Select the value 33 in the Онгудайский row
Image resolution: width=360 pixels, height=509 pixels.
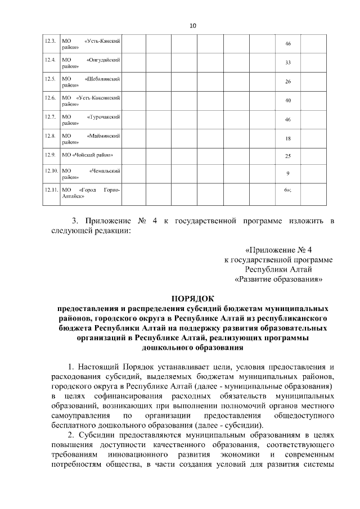pyautogui.click(x=287, y=63)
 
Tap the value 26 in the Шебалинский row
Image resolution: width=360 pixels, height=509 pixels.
pyautogui.click(x=287, y=82)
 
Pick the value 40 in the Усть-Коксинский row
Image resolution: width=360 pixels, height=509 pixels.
pyautogui.click(x=287, y=101)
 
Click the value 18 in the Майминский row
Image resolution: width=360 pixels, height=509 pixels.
pyautogui.click(x=287, y=139)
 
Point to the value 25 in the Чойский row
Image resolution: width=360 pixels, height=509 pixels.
pyautogui.click(x=287, y=155)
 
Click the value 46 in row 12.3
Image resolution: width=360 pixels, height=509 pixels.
pyautogui.click(x=287, y=44)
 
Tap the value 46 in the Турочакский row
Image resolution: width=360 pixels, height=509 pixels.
pyautogui.click(x=287, y=120)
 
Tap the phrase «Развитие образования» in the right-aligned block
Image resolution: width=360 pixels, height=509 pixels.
pyautogui.click(x=278, y=278)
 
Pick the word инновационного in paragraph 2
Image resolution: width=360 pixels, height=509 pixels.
pyautogui.click(x=136, y=454)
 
